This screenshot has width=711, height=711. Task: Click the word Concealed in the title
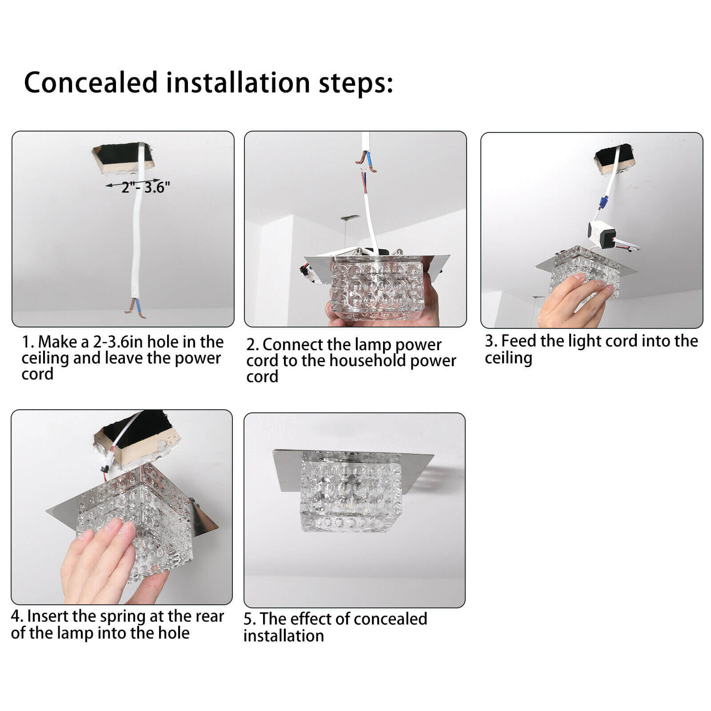click(91, 83)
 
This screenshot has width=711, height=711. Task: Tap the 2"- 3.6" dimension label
click(146, 188)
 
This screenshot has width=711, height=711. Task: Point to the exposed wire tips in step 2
click(367, 163)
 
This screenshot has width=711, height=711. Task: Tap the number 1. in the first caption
click(28, 342)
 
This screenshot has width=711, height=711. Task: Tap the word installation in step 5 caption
click(284, 636)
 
